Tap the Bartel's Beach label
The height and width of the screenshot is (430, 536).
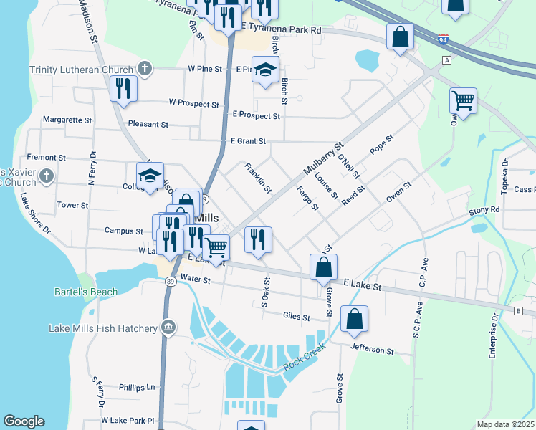[x=86, y=292]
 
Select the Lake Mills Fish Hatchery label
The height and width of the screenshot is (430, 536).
[x=102, y=328]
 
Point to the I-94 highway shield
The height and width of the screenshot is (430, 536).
[x=444, y=39]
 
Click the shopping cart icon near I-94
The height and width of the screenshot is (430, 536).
[x=464, y=100]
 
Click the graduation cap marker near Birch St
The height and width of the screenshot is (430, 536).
[x=265, y=70]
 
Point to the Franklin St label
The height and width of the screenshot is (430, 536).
[x=258, y=178]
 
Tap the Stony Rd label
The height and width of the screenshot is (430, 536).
[x=484, y=210]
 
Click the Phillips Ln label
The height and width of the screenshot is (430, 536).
[x=137, y=387]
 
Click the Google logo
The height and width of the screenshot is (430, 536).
[x=24, y=421]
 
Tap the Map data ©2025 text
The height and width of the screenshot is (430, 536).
[x=505, y=424]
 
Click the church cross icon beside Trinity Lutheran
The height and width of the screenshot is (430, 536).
[x=145, y=69]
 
